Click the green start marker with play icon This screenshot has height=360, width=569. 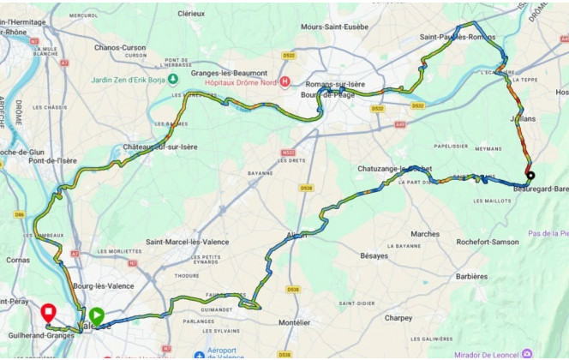click(x=97, y=315)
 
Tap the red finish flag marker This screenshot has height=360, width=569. click(x=49, y=313)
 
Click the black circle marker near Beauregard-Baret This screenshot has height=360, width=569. click(x=530, y=177)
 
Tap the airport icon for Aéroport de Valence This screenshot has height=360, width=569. click(x=199, y=355)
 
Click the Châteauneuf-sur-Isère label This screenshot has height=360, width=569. click(x=160, y=147)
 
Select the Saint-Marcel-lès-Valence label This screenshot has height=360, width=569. click(x=186, y=242)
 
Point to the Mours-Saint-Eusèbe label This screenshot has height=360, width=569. click(x=334, y=27)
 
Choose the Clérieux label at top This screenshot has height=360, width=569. click(x=190, y=15)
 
